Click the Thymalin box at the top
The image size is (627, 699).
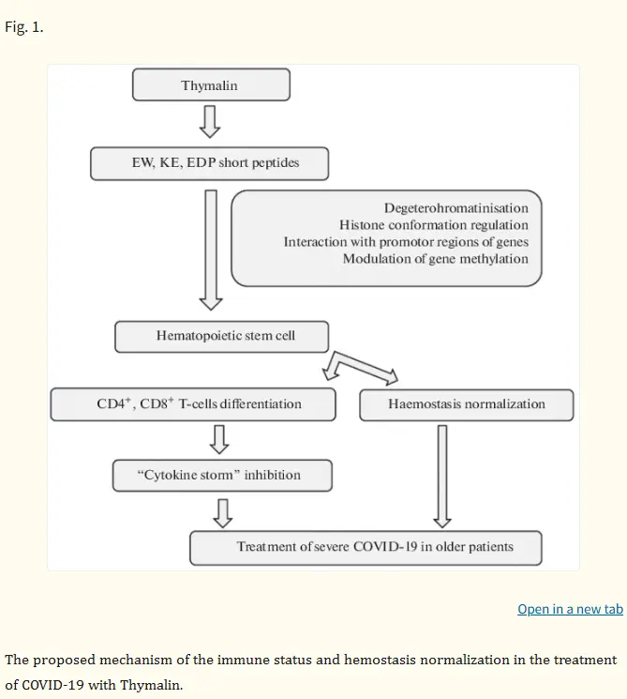211,84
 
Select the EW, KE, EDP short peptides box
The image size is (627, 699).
209,163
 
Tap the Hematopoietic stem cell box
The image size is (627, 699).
222,337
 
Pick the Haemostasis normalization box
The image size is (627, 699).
466,404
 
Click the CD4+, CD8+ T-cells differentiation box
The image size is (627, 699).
193,404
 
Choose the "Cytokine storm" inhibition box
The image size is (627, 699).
222,476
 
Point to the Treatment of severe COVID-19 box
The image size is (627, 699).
366,548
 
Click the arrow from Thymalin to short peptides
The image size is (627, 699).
210,122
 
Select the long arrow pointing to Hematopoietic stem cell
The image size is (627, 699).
211,250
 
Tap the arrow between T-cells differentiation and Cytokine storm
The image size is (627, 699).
219,439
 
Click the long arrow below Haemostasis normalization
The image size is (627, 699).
442,476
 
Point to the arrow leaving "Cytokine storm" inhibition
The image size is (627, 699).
223,513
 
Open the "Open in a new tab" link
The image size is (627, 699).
570,609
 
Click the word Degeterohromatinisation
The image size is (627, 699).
456,208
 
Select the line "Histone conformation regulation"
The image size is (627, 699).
434,225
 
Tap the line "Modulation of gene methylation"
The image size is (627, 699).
436,259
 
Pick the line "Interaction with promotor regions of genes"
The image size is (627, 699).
406,242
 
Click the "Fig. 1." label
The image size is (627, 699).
24,27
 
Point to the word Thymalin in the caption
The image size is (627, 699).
152,685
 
